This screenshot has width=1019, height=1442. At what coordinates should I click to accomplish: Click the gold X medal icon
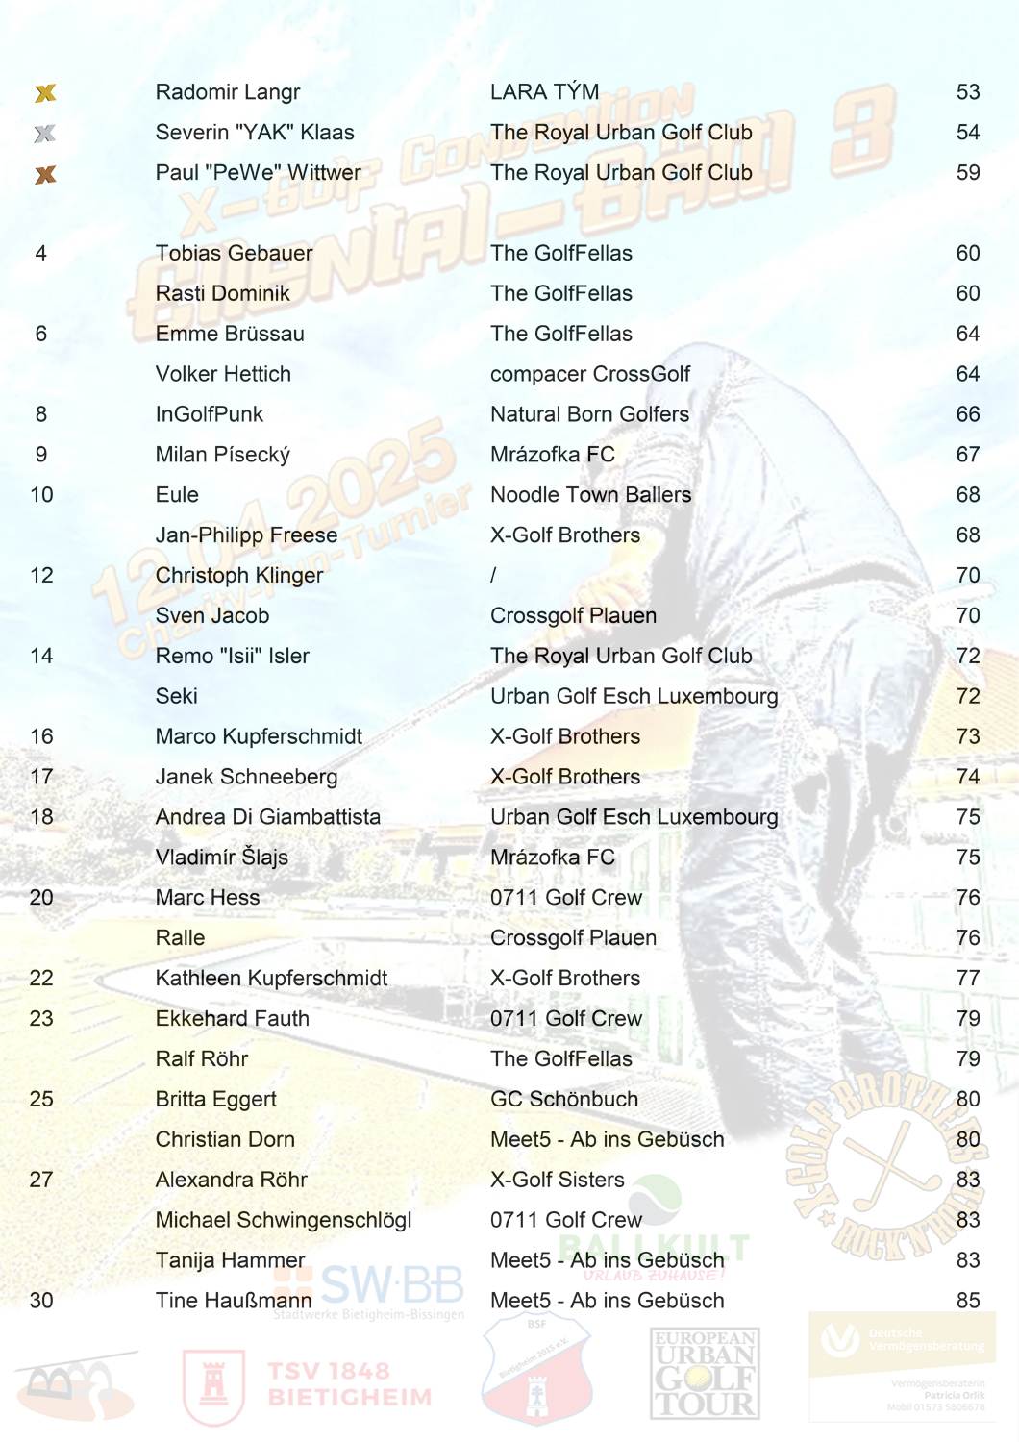click(45, 93)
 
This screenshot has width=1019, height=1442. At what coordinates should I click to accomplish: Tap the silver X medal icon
click(45, 134)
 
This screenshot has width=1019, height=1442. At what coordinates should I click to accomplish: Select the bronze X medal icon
click(45, 175)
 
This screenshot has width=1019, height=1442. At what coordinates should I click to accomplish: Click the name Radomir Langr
click(228, 92)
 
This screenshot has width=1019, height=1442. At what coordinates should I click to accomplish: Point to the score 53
click(967, 92)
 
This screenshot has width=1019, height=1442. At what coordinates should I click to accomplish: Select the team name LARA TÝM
click(544, 92)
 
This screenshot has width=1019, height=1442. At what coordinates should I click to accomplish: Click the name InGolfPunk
click(210, 414)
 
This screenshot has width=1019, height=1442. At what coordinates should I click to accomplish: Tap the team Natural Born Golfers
click(589, 414)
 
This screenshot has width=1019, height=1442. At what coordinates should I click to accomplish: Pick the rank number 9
click(41, 455)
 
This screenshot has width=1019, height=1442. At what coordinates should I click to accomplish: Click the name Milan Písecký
click(223, 455)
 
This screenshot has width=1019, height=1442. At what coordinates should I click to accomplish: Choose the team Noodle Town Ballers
click(590, 495)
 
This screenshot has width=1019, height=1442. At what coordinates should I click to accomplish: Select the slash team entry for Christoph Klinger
click(494, 576)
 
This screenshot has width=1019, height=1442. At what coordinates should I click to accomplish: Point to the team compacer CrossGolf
click(590, 374)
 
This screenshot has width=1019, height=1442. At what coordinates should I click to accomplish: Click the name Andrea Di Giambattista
click(268, 817)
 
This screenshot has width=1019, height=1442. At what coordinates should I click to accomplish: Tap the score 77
click(967, 979)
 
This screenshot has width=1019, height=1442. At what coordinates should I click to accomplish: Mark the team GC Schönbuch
click(564, 1100)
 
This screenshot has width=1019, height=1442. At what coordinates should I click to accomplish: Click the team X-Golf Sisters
click(558, 1180)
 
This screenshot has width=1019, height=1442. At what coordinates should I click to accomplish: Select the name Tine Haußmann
click(234, 1301)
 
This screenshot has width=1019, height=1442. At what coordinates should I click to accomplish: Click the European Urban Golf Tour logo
click(705, 1374)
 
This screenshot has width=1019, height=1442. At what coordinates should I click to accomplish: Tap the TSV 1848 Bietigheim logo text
click(350, 1384)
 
